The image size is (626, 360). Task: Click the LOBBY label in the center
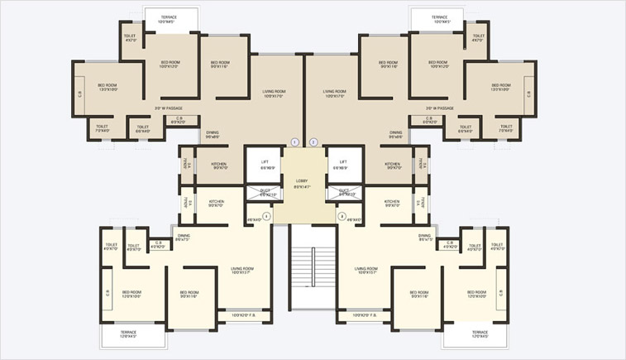(x=302, y=182)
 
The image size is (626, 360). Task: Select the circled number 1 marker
(x=294, y=142)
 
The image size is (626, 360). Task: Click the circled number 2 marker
(x=313, y=142)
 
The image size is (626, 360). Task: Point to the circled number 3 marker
(x=342, y=216)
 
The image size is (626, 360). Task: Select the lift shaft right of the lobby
(x=343, y=165)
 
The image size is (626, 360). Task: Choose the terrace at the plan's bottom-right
(x=475, y=334)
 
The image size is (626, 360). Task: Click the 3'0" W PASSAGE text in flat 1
(x=168, y=108)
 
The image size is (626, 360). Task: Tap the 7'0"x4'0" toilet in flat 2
(x=505, y=128)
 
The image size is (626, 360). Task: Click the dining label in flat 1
(x=213, y=134)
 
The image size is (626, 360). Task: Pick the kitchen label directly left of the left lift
(x=218, y=166)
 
